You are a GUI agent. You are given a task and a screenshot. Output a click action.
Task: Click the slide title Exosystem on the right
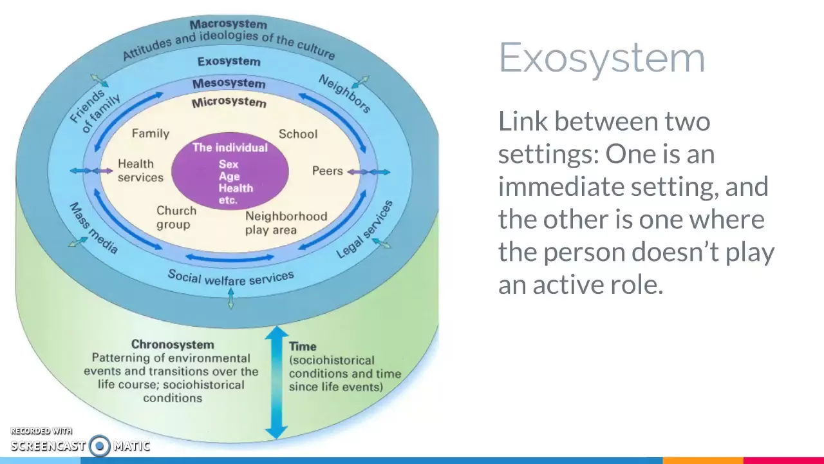point(602,58)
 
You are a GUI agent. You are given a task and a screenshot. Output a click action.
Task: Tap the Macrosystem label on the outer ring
point(228,24)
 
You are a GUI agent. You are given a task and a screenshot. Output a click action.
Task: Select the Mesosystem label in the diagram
point(229,84)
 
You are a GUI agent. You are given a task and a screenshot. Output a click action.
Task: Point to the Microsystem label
point(229,102)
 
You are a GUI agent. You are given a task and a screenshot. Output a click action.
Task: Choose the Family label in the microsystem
point(150,133)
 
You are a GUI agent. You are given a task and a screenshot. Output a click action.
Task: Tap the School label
point(297,134)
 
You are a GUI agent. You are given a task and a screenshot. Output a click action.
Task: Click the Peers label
point(327,171)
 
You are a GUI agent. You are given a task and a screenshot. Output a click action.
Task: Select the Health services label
point(140,171)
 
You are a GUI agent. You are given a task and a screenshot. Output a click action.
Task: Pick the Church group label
point(176,217)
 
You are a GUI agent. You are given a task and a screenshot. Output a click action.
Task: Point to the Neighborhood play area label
point(285,223)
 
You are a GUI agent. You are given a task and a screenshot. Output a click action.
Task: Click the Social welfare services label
point(230,277)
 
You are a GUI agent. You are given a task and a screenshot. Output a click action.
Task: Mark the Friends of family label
point(95,110)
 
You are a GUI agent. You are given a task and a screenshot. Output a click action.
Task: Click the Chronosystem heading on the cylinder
point(173,345)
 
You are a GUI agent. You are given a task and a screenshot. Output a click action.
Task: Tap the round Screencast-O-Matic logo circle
point(100,445)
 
